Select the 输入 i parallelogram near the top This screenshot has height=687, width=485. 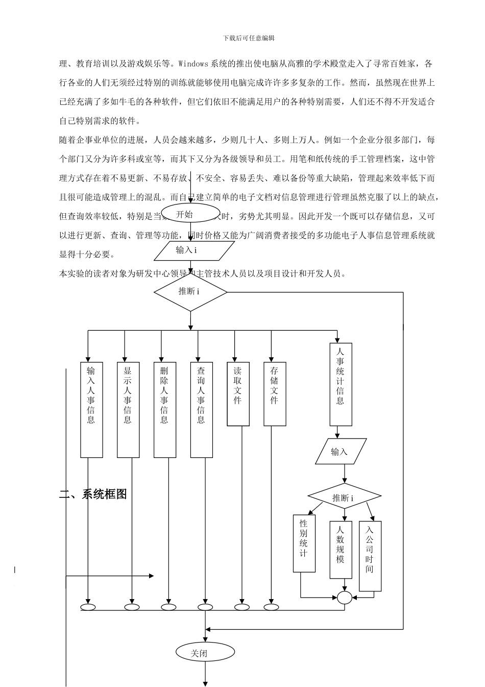193,250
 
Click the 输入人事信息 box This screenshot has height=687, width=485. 91,409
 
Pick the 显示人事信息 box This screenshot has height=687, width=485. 128,409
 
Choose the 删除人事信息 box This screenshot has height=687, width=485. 165,409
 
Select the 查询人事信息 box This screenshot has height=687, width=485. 202,409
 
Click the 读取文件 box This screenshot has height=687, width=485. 238,394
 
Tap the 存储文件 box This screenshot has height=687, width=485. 275,394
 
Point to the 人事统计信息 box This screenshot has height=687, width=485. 341,384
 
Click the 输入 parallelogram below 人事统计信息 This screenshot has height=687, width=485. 341,451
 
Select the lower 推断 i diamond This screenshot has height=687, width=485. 344,497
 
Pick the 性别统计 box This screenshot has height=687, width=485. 304,543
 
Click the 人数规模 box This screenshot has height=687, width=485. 341,549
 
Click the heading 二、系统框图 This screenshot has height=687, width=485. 93,494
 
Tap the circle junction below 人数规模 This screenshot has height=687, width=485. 345,597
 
